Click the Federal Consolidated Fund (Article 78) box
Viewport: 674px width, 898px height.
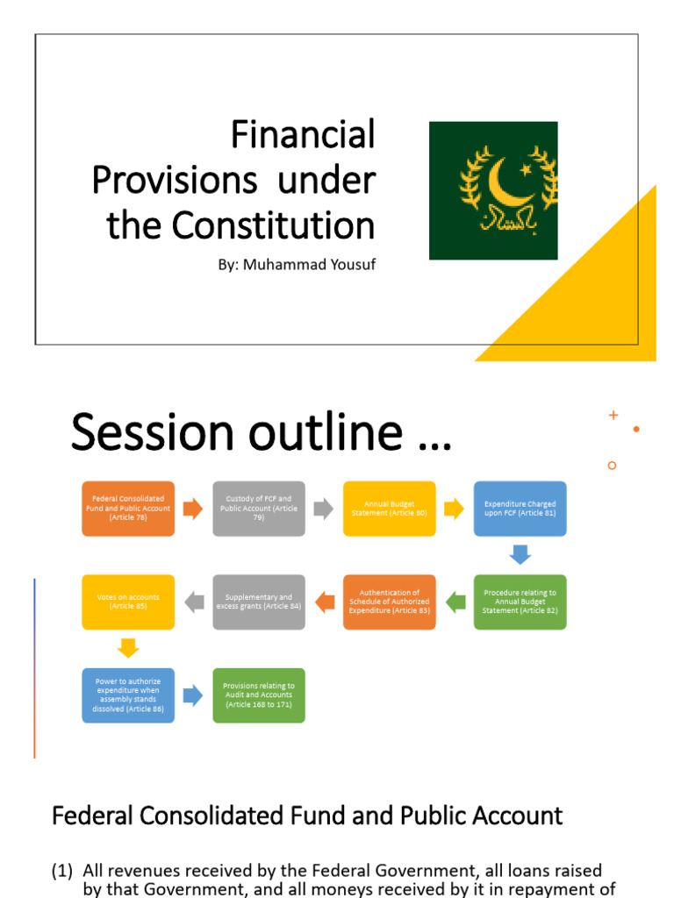128,509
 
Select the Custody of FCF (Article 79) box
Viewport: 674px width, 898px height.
259,509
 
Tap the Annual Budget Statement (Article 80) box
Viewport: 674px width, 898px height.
390,509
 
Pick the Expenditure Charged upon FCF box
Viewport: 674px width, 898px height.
520,509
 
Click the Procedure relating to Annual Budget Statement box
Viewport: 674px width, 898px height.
520,602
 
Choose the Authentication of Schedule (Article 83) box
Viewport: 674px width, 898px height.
390,602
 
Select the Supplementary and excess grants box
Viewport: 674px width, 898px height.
259,602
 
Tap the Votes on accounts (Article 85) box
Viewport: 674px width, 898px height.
128,602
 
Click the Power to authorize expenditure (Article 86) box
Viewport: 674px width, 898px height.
128,695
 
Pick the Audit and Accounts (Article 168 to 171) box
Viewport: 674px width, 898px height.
259,695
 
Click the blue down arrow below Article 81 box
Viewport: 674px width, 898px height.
520,555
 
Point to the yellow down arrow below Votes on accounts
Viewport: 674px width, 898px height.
128,649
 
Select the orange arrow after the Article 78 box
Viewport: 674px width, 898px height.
193,509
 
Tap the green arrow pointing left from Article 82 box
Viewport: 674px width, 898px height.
455,602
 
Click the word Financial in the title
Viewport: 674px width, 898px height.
303,135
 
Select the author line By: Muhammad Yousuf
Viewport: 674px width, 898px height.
297,264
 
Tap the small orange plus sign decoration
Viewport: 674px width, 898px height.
613,415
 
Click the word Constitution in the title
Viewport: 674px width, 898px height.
273,225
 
